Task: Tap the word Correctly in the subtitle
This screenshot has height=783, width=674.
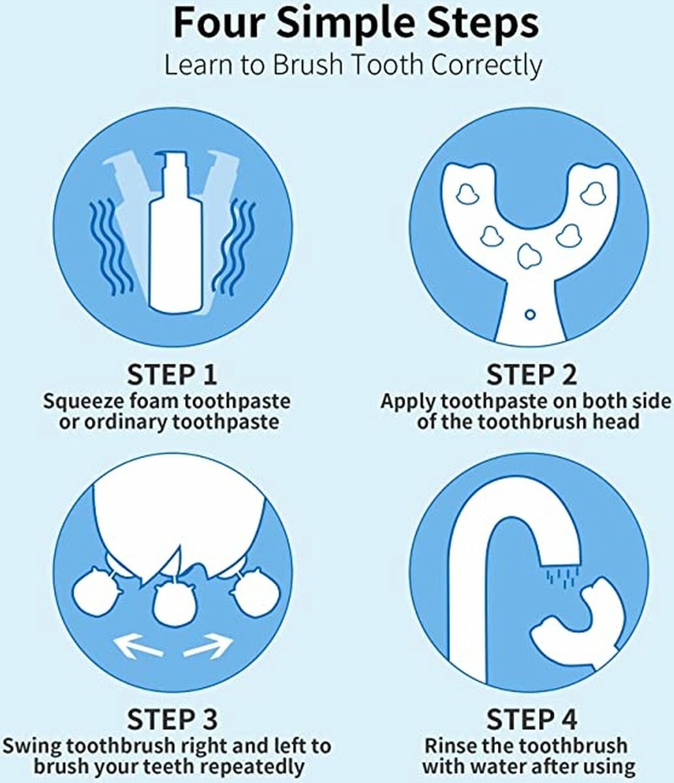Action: pyautogui.click(x=486, y=65)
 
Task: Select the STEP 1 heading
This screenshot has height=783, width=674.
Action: pyautogui.click(x=172, y=375)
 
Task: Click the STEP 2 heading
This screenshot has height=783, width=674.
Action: pyautogui.click(x=531, y=375)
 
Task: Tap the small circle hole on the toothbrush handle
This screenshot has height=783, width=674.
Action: pyautogui.click(x=530, y=315)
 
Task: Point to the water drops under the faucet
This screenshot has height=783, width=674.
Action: pyautogui.click(x=563, y=577)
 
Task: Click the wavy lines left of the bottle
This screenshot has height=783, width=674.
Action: pyautogui.click(x=111, y=247)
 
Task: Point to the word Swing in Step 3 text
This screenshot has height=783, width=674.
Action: pyautogui.click(x=31, y=746)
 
